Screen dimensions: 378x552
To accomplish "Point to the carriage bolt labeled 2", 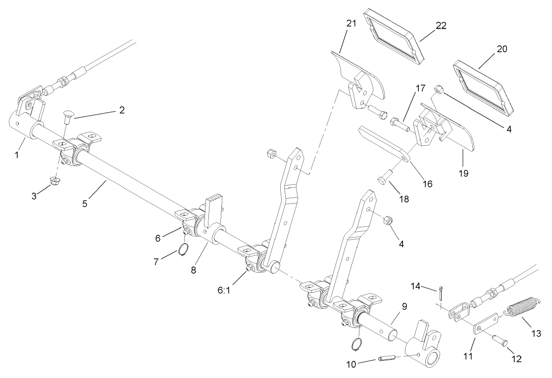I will click(68, 119).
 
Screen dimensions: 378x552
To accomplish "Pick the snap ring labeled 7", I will click(182, 251).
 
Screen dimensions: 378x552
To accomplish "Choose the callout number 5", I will click(85, 203).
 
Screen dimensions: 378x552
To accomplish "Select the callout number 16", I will click(426, 183).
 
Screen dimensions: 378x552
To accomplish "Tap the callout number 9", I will click(404, 306).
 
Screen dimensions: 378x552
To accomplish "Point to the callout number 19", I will click(463, 173).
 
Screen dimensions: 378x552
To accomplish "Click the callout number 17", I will click(420, 89).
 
